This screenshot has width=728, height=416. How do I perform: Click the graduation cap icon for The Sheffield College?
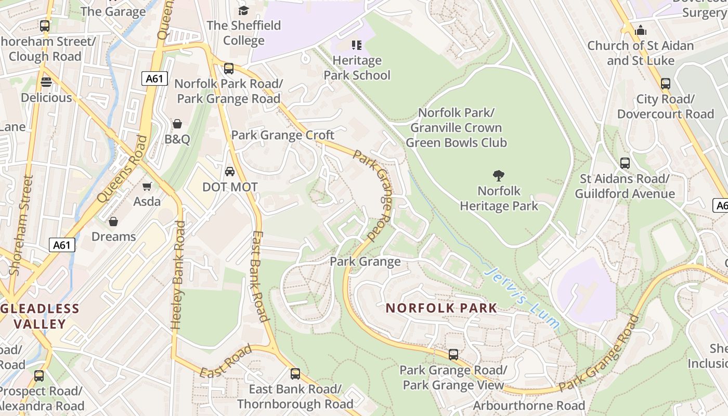pyautogui.click(x=243, y=10)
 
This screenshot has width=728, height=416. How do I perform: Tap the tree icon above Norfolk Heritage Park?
pyautogui.click(x=499, y=176)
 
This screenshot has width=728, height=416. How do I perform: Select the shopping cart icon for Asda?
pyautogui.click(x=147, y=186)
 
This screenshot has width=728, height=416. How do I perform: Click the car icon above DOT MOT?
pyautogui.click(x=229, y=172)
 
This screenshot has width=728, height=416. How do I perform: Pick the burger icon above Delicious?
pyautogui.click(x=46, y=82)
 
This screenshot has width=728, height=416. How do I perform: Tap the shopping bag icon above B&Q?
pyautogui.click(x=177, y=124)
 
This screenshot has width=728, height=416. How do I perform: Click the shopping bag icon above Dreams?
pyautogui.click(x=113, y=222)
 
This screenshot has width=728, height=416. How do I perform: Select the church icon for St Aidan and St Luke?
pyautogui.click(x=641, y=30)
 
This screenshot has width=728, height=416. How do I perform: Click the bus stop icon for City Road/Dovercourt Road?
pyautogui.click(x=665, y=84)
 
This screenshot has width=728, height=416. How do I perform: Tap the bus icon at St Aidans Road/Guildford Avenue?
pyautogui.click(x=625, y=163)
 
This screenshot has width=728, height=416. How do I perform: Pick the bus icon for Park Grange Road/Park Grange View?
pyautogui.click(x=453, y=355)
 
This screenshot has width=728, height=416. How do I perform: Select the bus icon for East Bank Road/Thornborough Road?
pyautogui.click(x=295, y=373)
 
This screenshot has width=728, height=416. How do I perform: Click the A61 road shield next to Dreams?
pyautogui.click(x=62, y=245)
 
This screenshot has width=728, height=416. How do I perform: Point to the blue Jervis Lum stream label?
pyautogui.click(x=522, y=298)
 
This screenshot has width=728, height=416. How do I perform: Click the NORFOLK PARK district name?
pyautogui.click(x=441, y=308)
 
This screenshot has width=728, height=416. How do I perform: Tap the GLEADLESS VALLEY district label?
pyautogui.click(x=40, y=316)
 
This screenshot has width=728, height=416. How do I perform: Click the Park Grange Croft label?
pyautogui.click(x=282, y=135)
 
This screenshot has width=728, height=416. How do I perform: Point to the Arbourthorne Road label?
pyautogui.click(x=529, y=406)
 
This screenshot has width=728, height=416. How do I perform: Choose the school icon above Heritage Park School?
pyautogui.click(x=356, y=45)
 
